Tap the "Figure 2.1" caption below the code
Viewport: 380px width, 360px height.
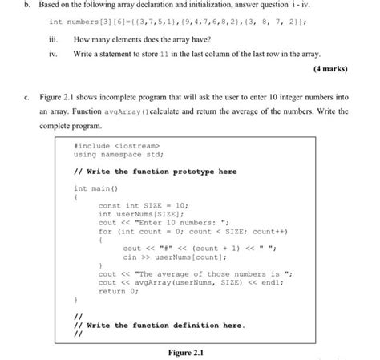190,352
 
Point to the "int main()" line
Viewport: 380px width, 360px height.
95,188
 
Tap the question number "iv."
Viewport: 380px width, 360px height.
55,52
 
